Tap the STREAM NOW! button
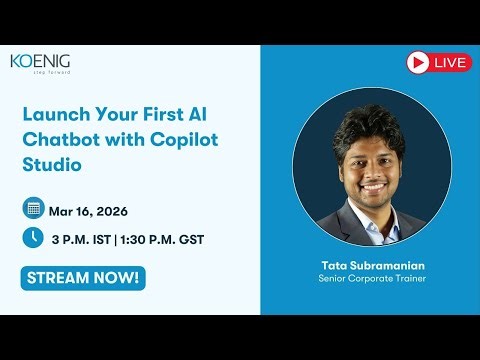click(x=83, y=276)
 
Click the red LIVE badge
click(x=439, y=63)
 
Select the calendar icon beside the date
click(x=33, y=209)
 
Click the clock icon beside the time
click(x=33, y=238)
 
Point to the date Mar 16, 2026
click(x=88, y=211)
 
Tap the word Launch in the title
click(x=54, y=112)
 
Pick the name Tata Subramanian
click(x=359, y=265)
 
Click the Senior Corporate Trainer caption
click(x=359, y=279)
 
